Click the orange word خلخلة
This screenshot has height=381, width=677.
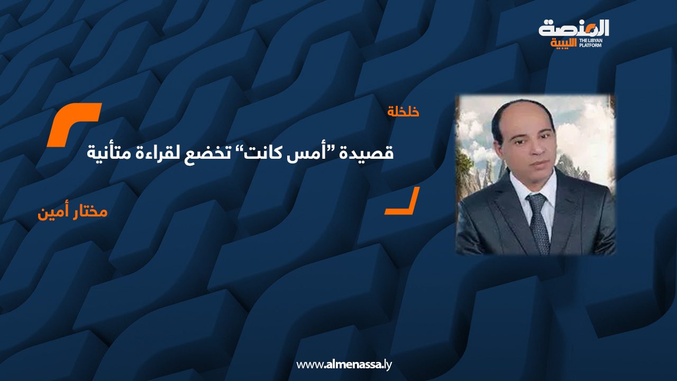point(403,112)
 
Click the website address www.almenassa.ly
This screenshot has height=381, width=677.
point(344,365)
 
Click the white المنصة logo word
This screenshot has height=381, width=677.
point(574,29)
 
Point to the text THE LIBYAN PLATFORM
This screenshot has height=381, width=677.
point(590,43)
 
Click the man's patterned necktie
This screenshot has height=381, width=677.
point(538,222)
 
